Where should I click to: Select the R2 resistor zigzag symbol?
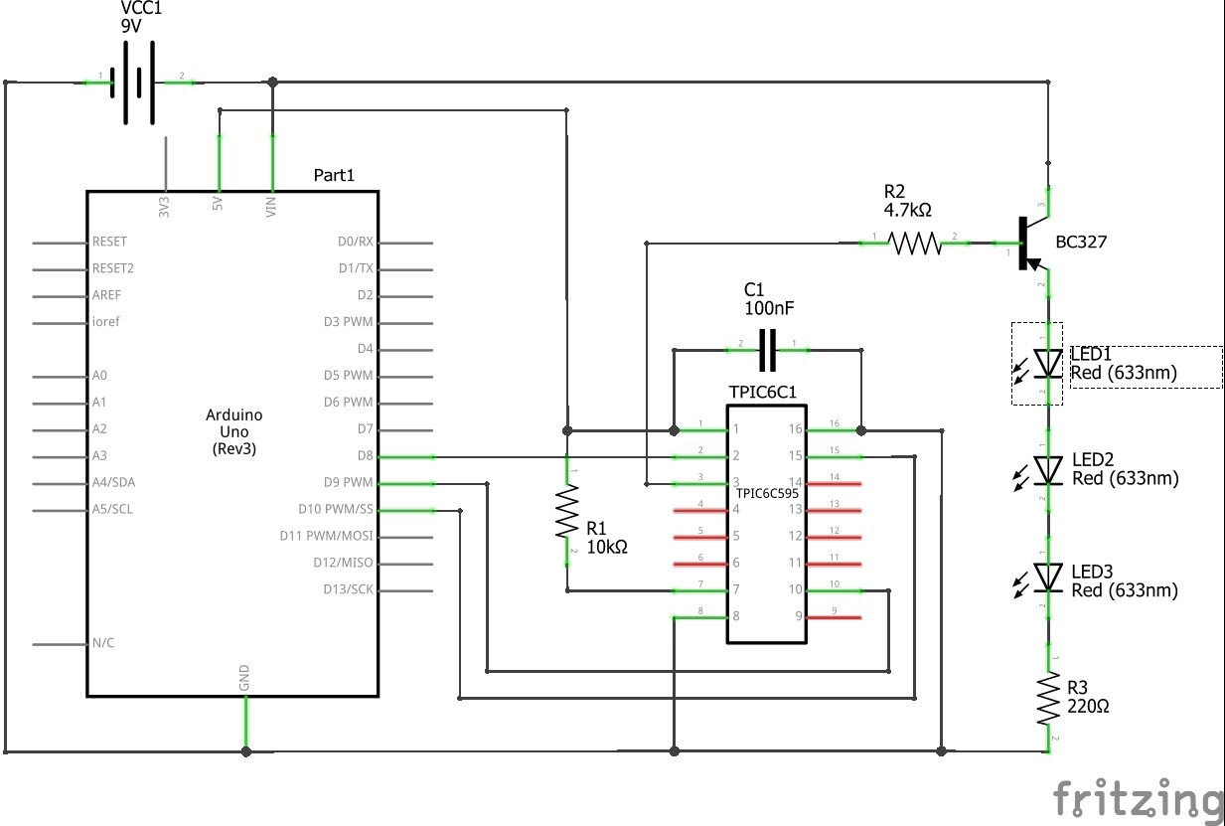(x=913, y=243)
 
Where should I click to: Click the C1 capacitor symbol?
(x=767, y=350)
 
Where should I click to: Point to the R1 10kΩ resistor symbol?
(x=566, y=511)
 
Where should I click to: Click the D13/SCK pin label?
(x=348, y=589)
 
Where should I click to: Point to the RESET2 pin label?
(x=113, y=268)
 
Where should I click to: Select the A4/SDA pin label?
(x=113, y=483)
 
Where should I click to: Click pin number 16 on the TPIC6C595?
(x=795, y=429)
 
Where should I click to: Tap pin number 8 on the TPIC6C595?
(x=736, y=616)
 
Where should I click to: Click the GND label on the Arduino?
(x=244, y=679)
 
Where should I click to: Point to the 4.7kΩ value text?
(x=907, y=210)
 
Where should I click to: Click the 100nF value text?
(x=769, y=309)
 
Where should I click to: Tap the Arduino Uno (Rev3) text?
(x=234, y=432)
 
